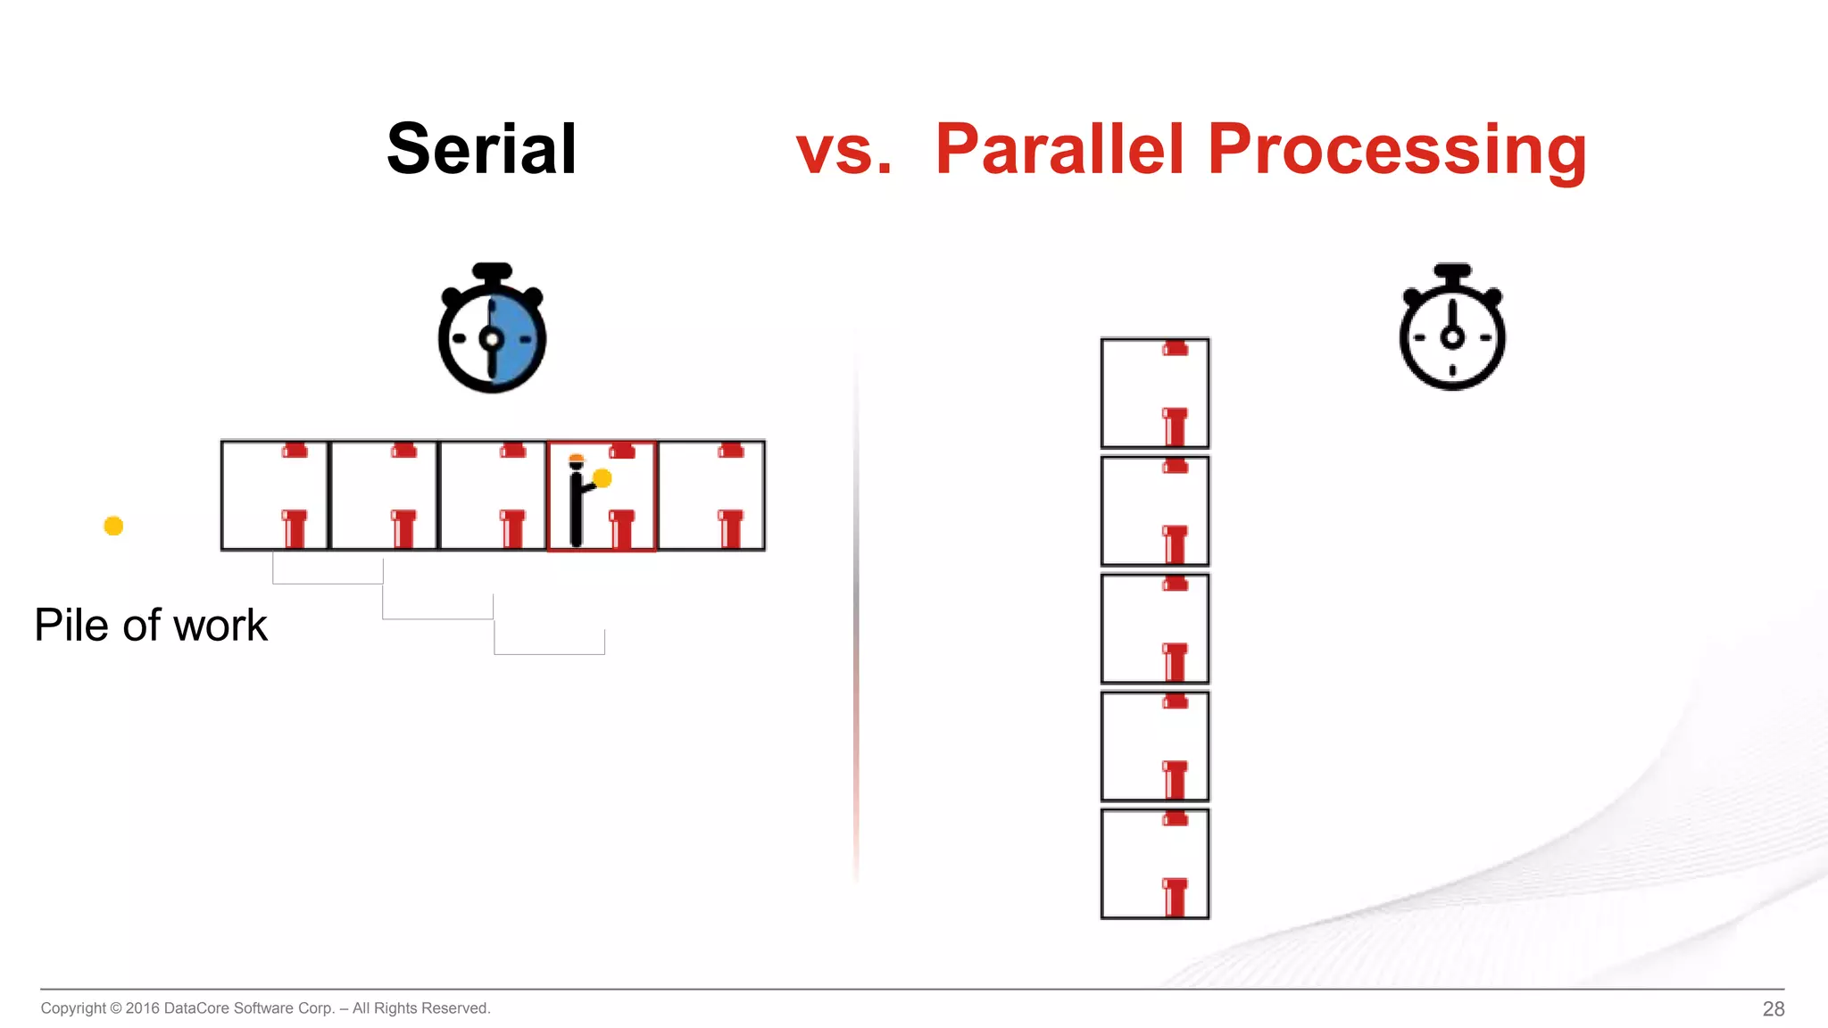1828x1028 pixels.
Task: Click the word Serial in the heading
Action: tap(481, 149)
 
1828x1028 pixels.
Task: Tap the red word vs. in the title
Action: tap(843, 149)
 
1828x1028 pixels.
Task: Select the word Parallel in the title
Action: tap(1059, 149)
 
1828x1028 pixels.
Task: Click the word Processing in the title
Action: tap(1397, 149)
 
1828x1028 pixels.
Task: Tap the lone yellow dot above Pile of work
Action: tap(113, 526)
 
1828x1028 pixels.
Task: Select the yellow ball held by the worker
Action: tap(602, 478)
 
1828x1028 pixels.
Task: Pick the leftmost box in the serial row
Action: tap(275, 495)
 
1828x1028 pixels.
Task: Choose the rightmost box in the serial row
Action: tap(711, 495)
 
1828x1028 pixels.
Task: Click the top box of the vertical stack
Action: tap(1155, 393)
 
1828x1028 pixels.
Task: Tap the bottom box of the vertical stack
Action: tap(1155, 864)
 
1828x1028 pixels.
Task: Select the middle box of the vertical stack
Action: tap(1155, 628)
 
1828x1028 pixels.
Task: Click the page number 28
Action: tap(1773, 1008)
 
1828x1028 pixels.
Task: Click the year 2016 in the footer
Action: tap(142, 1008)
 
